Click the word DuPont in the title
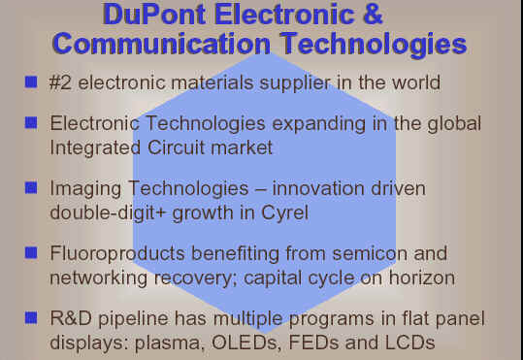coord(154,14)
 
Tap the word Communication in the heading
coord(161,44)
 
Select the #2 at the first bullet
coord(60,82)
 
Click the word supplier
coord(295,83)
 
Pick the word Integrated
coord(95,147)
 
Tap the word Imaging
coord(85,189)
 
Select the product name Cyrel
coord(284,213)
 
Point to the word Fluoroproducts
coord(117,254)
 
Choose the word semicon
coord(370,254)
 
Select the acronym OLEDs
coord(245,343)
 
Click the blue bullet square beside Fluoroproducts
coord(31,252)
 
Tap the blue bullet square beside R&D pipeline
coord(31,317)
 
